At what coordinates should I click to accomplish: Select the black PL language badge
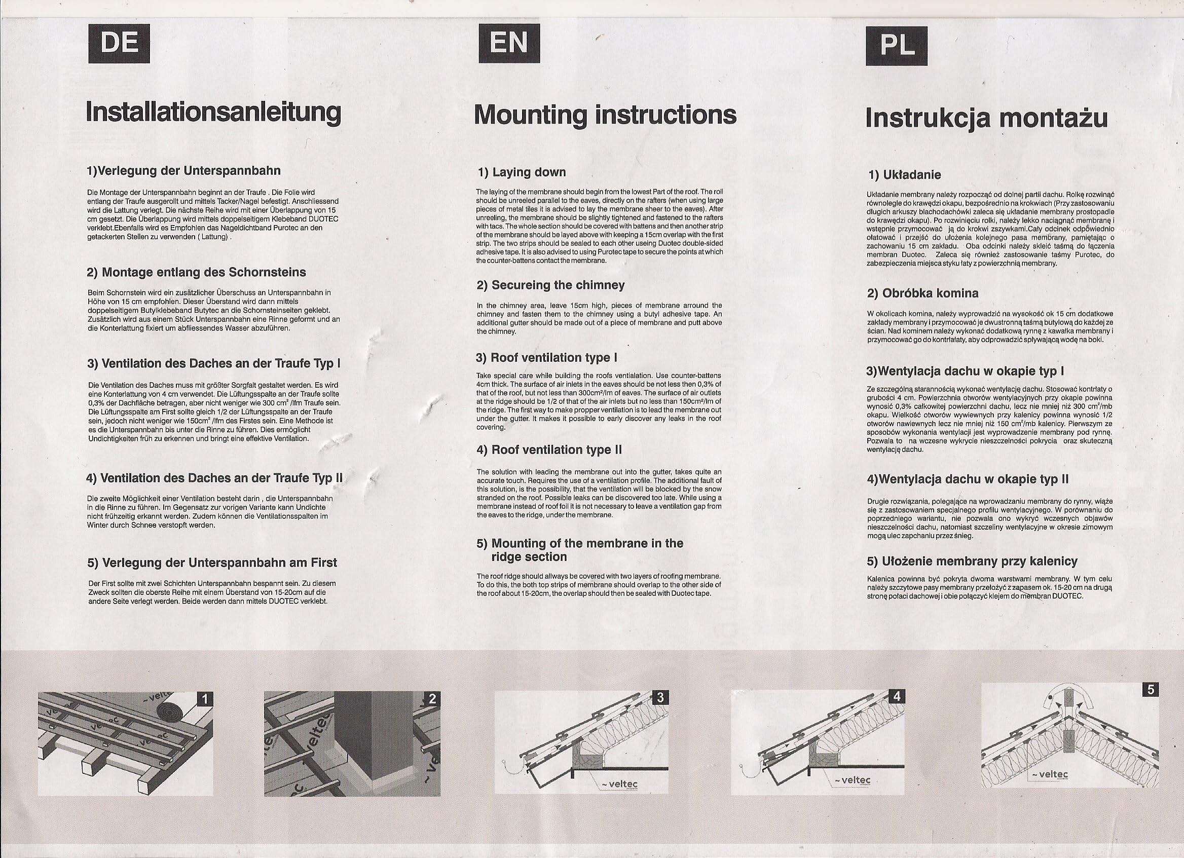point(896,46)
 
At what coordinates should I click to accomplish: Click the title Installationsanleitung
point(213,113)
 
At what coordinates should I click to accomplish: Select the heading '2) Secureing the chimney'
point(550,285)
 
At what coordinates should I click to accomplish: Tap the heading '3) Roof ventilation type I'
point(546,357)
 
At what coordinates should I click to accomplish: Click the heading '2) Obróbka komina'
point(922,293)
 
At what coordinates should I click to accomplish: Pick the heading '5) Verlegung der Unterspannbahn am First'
point(212,563)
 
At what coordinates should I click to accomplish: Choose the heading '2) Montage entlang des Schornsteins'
point(196,273)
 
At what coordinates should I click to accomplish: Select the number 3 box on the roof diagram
point(660,697)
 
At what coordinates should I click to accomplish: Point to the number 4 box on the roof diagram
point(897,696)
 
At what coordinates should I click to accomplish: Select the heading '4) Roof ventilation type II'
point(549,450)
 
